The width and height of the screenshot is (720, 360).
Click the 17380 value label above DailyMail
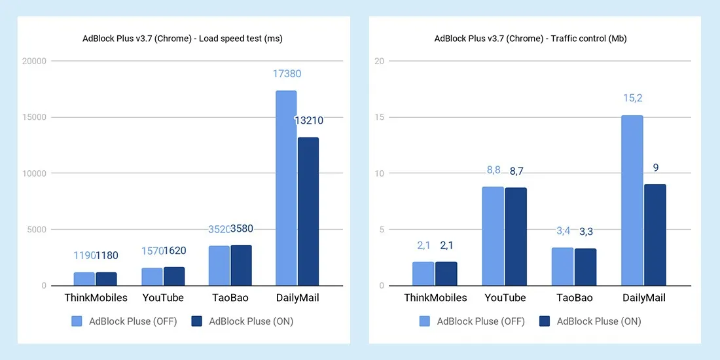point(287,74)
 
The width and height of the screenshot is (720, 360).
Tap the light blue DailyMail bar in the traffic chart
point(632,200)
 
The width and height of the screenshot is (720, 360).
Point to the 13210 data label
point(308,120)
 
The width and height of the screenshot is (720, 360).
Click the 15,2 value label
point(632,98)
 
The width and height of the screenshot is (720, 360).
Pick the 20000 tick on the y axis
point(34,62)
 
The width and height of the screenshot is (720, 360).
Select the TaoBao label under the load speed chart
point(229,298)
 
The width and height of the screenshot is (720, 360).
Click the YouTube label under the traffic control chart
point(505,298)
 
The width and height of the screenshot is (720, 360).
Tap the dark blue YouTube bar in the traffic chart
point(516,236)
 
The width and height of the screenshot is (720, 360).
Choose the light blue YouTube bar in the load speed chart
point(152,276)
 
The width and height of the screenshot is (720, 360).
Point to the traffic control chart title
point(530,39)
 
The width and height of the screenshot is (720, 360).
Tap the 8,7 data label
point(517,171)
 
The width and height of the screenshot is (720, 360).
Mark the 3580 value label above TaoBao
point(242,228)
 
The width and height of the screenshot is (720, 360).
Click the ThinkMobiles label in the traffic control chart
point(435,298)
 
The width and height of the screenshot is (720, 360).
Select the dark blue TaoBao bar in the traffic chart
point(585,267)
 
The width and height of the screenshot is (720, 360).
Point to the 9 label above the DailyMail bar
point(655,168)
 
